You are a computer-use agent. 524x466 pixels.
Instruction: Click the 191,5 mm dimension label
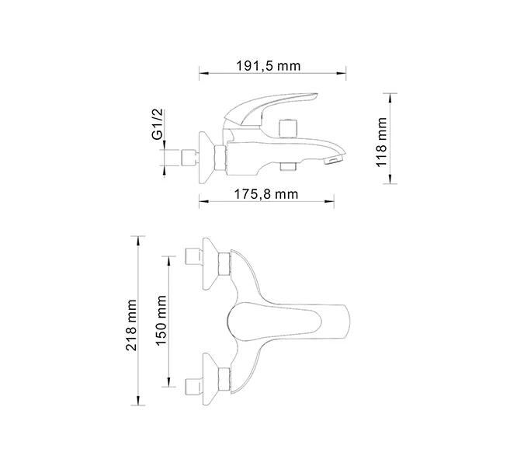(x=268, y=66)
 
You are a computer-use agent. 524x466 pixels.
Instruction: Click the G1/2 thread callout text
(x=157, y=125)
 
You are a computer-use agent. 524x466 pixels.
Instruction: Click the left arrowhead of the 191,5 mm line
(x=202, y=75)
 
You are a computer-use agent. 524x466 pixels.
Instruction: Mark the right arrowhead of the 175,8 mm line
(x=332, y=203)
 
